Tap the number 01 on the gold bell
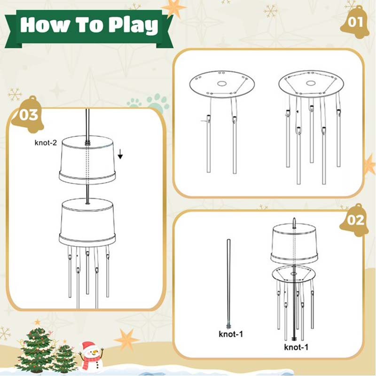(355, 22)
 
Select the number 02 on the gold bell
(355, 220)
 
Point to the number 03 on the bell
(29, 115)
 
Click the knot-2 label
(46, 143)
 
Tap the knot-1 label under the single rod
(231, 334)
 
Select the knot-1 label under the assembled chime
(296, 347)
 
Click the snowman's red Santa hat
(88, 346)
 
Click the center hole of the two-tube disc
(222, 84)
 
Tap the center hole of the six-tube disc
(311, 83)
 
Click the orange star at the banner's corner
(173, 8)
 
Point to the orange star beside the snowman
(126, 340)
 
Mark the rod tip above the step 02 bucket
(294, 219)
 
